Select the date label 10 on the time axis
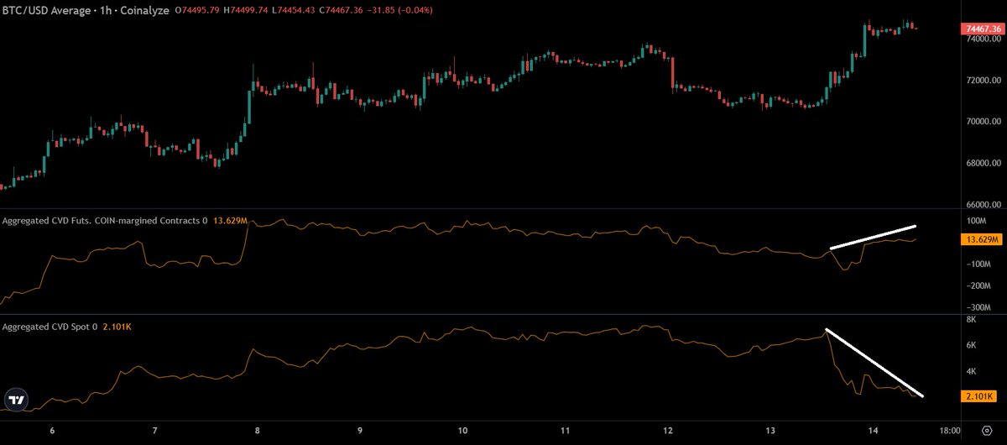click(x=463, y=431)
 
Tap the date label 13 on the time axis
click(x=771, y=431)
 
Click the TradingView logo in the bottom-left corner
click(x=15, y=400)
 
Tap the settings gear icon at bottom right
click(x=986, y=431)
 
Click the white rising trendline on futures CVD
click(x=873, y=237)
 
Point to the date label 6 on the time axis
click(x=52, y=431)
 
